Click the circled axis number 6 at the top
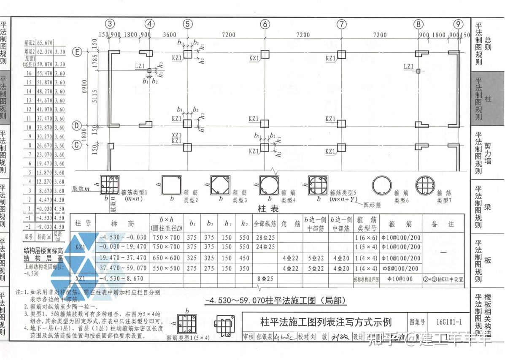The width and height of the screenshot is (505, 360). click(x=265, y=24)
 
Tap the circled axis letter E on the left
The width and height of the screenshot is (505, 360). click(x=77, y=52)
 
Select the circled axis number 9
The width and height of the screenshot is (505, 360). click(x=458, y=24)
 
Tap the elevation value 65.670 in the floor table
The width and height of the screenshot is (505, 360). click(x=45, y=43)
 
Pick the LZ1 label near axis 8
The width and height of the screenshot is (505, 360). click(x=408, y=66)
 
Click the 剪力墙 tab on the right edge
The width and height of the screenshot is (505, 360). click(x=488, y=153)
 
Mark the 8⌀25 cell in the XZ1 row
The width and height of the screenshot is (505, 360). click(x=265, y=279)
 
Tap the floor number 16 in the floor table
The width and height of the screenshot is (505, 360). click(x=29, y=73)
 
